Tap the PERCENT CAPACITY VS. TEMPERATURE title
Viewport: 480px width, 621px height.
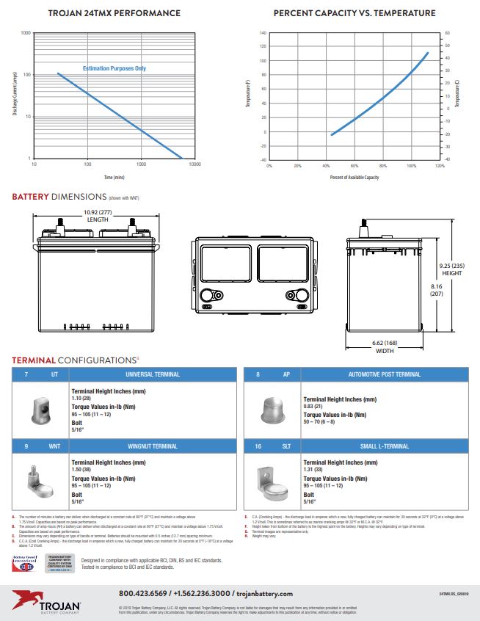pos(354,13)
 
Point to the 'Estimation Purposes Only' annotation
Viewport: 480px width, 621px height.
pos(114,68)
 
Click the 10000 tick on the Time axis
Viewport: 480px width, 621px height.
pos(194,164)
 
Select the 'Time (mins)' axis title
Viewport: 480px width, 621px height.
pos(114,177)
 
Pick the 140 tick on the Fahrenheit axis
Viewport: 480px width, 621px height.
pos(262,34)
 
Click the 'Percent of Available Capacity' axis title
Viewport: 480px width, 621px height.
pos(354,177)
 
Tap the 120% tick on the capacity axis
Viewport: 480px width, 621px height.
pos(439,166)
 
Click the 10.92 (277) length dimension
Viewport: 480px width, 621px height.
pos(98,215)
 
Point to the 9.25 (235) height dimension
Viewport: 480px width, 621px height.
pos(452,269)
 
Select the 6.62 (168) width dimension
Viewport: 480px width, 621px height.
pos(385,346)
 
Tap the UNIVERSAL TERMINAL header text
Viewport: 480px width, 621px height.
pos(152,374)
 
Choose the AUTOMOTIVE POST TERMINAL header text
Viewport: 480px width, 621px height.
pos(384,374)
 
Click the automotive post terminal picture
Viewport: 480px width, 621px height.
pos(273,406)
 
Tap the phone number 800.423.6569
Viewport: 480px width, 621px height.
pos(146,593)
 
